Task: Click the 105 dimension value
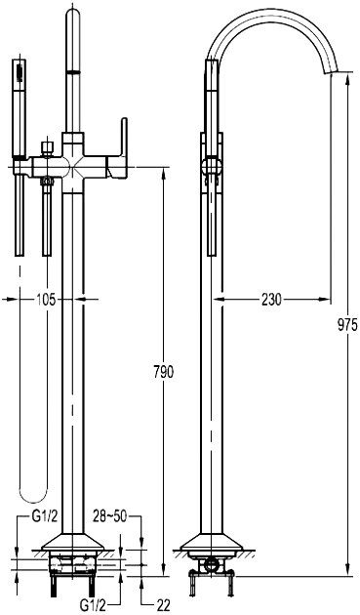47,300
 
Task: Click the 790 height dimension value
163,372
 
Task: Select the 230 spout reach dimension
271,300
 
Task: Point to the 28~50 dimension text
110,516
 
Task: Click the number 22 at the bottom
163,605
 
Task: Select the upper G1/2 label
45,516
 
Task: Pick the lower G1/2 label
93,606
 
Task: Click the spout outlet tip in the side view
330,73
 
